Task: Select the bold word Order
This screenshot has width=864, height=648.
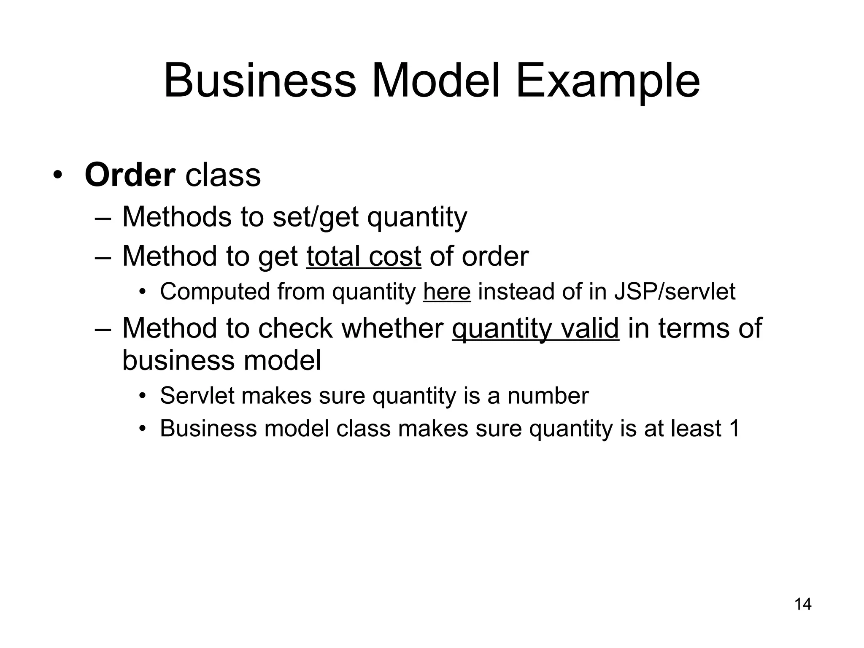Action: point(130,175)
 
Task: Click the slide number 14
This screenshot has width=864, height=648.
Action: point(803,604)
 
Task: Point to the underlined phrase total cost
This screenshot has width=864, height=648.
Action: point(364,256)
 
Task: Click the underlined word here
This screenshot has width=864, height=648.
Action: point(447,292)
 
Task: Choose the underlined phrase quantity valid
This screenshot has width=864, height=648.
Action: point(535,328)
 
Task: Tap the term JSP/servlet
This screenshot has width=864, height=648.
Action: point(675,292)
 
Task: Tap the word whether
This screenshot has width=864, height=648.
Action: point(392,328)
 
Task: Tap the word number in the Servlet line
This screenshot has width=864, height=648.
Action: point(548,396)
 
